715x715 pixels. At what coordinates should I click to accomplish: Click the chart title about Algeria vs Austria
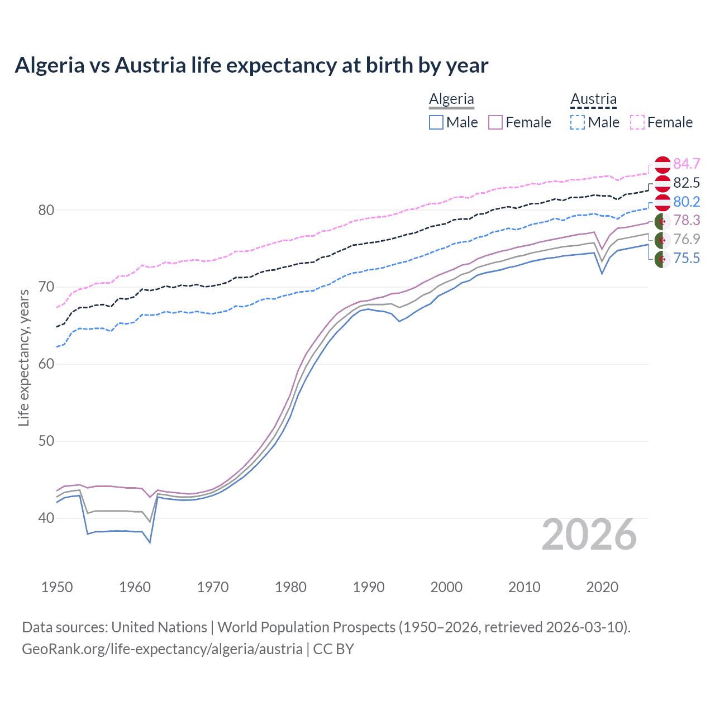251,65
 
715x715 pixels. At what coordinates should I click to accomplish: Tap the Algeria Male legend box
436,122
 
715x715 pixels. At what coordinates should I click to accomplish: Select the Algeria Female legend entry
496,122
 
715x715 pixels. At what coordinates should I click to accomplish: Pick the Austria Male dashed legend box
578,122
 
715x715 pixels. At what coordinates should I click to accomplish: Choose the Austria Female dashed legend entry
637,122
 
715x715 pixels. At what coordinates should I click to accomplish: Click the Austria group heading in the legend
593,99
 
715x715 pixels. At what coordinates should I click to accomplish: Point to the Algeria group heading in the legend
451,99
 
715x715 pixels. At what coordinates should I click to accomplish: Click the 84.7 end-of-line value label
687,164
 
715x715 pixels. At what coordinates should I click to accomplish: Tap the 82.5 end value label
687,183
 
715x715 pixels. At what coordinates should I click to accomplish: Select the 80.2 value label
687,202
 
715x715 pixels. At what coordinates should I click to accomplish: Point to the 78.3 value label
687,221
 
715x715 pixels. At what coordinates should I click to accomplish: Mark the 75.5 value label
687,258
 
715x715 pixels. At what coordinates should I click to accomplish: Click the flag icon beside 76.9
662,240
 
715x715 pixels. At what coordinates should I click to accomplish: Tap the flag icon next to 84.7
662,164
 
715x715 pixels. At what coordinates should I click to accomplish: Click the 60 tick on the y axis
46,364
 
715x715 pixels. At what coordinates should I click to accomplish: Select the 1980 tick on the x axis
290,587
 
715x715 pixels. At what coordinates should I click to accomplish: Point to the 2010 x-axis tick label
524,587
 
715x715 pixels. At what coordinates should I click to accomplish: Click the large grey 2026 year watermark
589,535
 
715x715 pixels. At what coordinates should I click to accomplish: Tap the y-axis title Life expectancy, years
23,357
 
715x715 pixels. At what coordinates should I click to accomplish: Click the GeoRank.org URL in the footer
162,649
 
